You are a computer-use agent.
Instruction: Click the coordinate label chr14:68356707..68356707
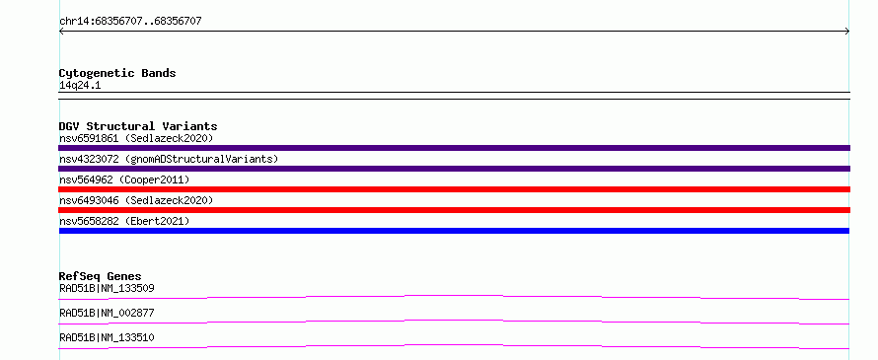tap(130, 22)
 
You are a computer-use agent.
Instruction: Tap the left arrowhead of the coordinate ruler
tap(60, 32)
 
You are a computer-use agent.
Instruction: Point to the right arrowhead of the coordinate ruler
tap(847, 32)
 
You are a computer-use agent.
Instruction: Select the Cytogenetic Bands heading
tap(117, 73)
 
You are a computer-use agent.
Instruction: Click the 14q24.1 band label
tap(80, 86)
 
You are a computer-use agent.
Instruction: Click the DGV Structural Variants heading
tap(138, 126)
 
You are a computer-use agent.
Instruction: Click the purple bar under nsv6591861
tap(454, 148)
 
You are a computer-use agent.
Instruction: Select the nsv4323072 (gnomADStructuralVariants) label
tap(169, 159)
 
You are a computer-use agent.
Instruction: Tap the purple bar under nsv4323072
tap(454, 169)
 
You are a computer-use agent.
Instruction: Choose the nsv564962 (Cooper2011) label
tap(124, 180)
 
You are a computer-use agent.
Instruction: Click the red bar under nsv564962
tap(454, 189)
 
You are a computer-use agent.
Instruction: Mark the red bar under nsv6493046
tap(454, 210)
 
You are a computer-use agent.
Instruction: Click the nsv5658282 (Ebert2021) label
tap(124, 221)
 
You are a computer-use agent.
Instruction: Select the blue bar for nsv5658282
tap(454, 231)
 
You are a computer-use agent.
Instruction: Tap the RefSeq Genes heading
tap(101, 276)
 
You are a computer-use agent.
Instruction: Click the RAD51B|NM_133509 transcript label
tap(107, 288)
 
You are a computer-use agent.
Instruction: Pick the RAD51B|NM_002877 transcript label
tap(107, 313)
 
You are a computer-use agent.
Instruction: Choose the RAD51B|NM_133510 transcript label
tap(107, 337)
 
